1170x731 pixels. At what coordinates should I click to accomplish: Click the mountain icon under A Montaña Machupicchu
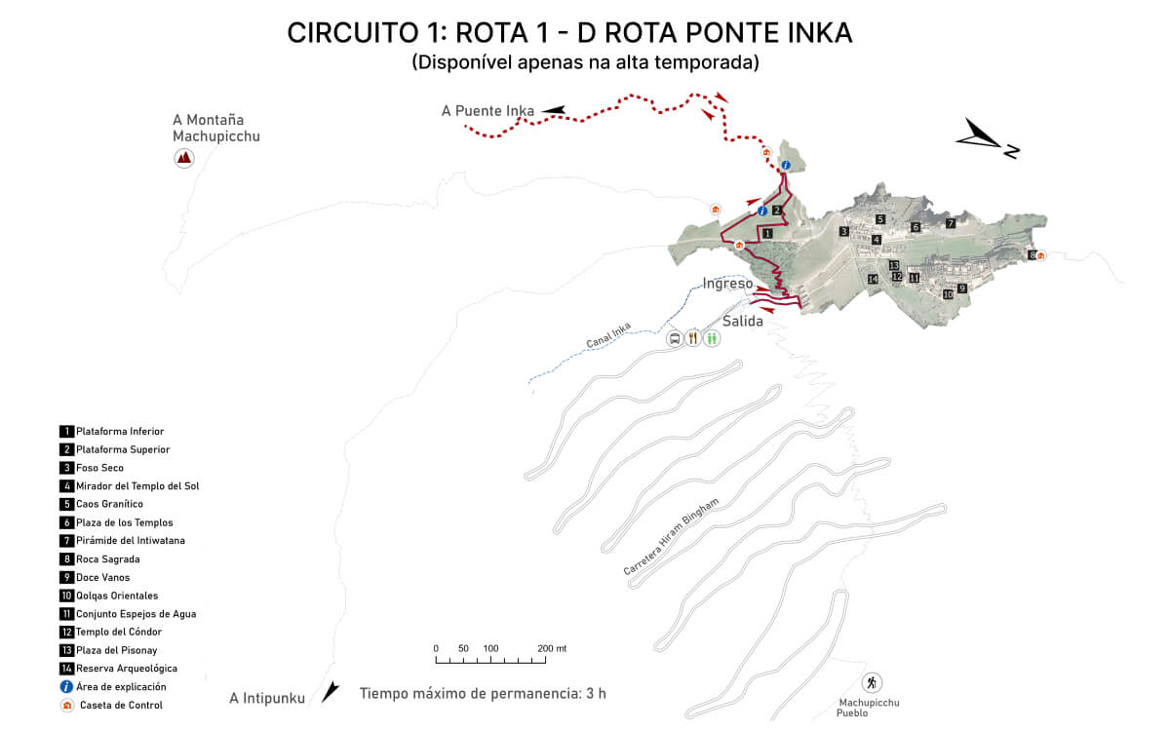point(183,158)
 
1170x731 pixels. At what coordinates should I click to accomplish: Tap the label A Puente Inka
point(487,111)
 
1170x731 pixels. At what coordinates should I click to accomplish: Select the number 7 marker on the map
point(951,223)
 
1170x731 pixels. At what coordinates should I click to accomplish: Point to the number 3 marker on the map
point(843,231)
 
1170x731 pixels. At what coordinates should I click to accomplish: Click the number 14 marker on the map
point(873,280)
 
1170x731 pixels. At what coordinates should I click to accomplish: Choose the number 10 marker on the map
point(947,293)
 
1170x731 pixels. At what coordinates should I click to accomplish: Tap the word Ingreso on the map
point(727,284)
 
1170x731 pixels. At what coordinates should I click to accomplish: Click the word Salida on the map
point(743,321)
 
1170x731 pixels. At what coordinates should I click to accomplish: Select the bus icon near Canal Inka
point(674,339)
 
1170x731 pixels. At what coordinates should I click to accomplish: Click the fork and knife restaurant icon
point(693,339)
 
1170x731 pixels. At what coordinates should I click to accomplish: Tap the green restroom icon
point(713,339)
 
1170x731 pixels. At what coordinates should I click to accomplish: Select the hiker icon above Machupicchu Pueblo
point(872,682)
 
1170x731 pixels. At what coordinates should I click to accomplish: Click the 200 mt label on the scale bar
point(552,648)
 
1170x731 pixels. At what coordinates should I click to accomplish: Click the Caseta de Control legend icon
point(66,705)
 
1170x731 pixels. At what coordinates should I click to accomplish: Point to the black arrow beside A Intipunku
point(331,692)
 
